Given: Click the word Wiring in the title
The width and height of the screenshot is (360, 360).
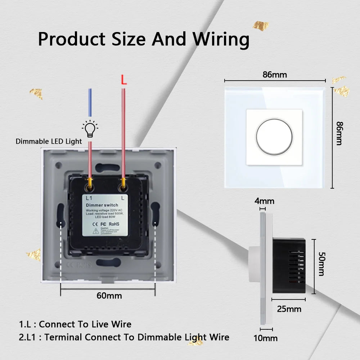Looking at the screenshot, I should [221, 40].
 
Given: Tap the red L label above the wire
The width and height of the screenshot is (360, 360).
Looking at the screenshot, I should [123, 80].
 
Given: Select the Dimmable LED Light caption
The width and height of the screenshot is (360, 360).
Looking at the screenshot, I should [49, 141].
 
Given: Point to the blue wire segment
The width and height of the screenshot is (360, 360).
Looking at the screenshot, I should [90, 104].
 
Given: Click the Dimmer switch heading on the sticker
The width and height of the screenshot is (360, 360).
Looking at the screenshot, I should [102, 205].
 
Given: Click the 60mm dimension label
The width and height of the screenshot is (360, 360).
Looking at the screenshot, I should [109, 296].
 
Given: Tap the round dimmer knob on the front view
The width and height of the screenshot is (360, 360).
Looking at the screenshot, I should [274, 137].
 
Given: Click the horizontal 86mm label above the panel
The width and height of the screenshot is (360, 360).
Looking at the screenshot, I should [275, 75].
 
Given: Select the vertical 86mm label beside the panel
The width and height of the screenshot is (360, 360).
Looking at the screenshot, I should [339, 133].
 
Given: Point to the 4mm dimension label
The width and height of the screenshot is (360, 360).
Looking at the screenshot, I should [265, 201].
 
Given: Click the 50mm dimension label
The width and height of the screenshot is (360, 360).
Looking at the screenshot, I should [321, 264].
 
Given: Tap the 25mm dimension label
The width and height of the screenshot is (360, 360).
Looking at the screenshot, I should [289, 309].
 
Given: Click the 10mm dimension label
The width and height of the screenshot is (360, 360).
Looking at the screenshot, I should [266, 338].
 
